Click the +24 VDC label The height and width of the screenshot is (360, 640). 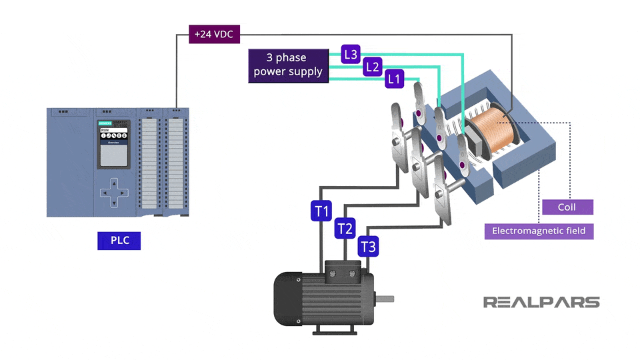coord(214,34)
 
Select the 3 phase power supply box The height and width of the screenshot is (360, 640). coord(288,65)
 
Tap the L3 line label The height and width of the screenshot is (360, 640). coord(351,54)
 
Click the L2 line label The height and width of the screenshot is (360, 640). coord(373,67)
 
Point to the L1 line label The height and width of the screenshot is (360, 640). coord(395,79)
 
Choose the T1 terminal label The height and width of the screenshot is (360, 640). coord(322,211)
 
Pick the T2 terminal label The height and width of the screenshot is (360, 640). coord(345,229)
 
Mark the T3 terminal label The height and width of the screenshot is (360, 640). coord(368,247)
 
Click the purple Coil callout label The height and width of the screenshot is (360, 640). coord(567,207)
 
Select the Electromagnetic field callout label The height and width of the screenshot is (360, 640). coord(539,231)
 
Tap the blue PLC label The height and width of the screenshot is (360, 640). coord(119,240)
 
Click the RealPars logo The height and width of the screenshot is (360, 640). coord(541,302)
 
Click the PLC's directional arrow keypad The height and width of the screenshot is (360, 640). coord(114,193)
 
